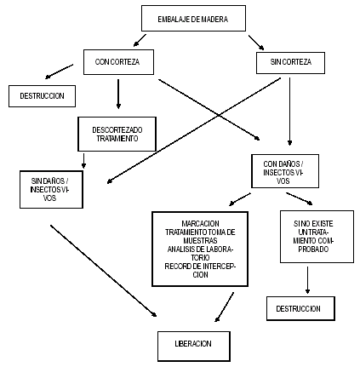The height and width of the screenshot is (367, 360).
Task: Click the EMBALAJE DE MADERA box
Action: pos(193,18)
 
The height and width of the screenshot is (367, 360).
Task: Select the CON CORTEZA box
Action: pos(118,62)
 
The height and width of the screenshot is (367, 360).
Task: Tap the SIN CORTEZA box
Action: pos(290,63)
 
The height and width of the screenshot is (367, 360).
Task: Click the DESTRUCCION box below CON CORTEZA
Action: pos(42,96)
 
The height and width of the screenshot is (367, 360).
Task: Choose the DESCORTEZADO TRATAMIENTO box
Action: pos(117,134)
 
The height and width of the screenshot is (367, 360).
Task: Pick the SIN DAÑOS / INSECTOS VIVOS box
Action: pos(51,189)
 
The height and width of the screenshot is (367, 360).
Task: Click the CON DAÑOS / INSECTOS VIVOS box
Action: pos(285,171)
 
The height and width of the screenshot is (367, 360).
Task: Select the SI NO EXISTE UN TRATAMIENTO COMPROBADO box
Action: pos(317,237)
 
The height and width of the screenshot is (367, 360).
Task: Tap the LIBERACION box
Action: pos(194,346)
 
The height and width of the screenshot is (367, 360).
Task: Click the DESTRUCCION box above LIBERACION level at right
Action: pos(300,308)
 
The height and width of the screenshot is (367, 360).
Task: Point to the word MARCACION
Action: pos(200,224)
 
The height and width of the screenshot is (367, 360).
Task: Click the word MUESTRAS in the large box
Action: pos(200,241)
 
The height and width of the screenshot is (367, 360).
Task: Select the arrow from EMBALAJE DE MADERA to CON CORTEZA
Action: pos(140,40)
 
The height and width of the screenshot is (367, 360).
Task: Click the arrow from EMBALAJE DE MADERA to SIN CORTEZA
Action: pos(256,43)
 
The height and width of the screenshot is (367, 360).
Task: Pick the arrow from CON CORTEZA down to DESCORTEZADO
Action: pos(118,94)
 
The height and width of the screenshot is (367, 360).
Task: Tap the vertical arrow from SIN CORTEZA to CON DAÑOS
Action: pos(289,112)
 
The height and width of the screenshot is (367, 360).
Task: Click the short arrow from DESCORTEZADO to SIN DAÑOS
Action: pos(83,161)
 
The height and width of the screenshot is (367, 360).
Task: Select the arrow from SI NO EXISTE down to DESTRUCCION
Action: pos(307,280)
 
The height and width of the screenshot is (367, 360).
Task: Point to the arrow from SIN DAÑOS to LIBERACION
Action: pos(104,271)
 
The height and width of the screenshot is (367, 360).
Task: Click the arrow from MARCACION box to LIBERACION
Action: pos(225,307)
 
